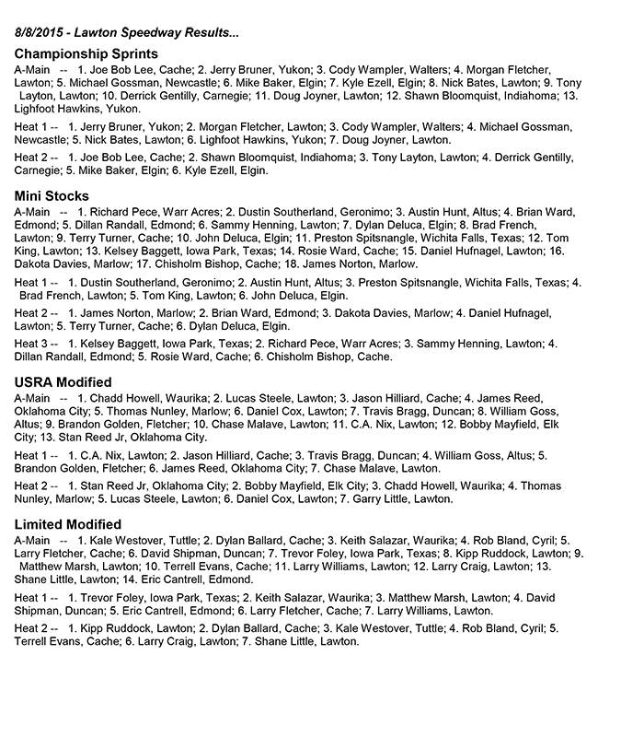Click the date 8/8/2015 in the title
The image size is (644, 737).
(x=42, y=33)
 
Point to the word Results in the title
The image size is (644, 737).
(x=213, y=33)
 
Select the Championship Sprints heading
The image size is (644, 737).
(x=86, y=54)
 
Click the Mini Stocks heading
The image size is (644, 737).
(x=52, y=195)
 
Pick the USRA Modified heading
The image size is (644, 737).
(x=63, y=381)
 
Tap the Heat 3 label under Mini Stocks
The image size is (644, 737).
(x=33, y=344)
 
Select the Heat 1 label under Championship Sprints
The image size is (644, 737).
(x=33, y=125)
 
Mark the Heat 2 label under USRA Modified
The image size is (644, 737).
(x=33, y=485)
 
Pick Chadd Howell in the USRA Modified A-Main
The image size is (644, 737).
(x=122, y=398)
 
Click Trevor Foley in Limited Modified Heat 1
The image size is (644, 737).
(x=112, y=597)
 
